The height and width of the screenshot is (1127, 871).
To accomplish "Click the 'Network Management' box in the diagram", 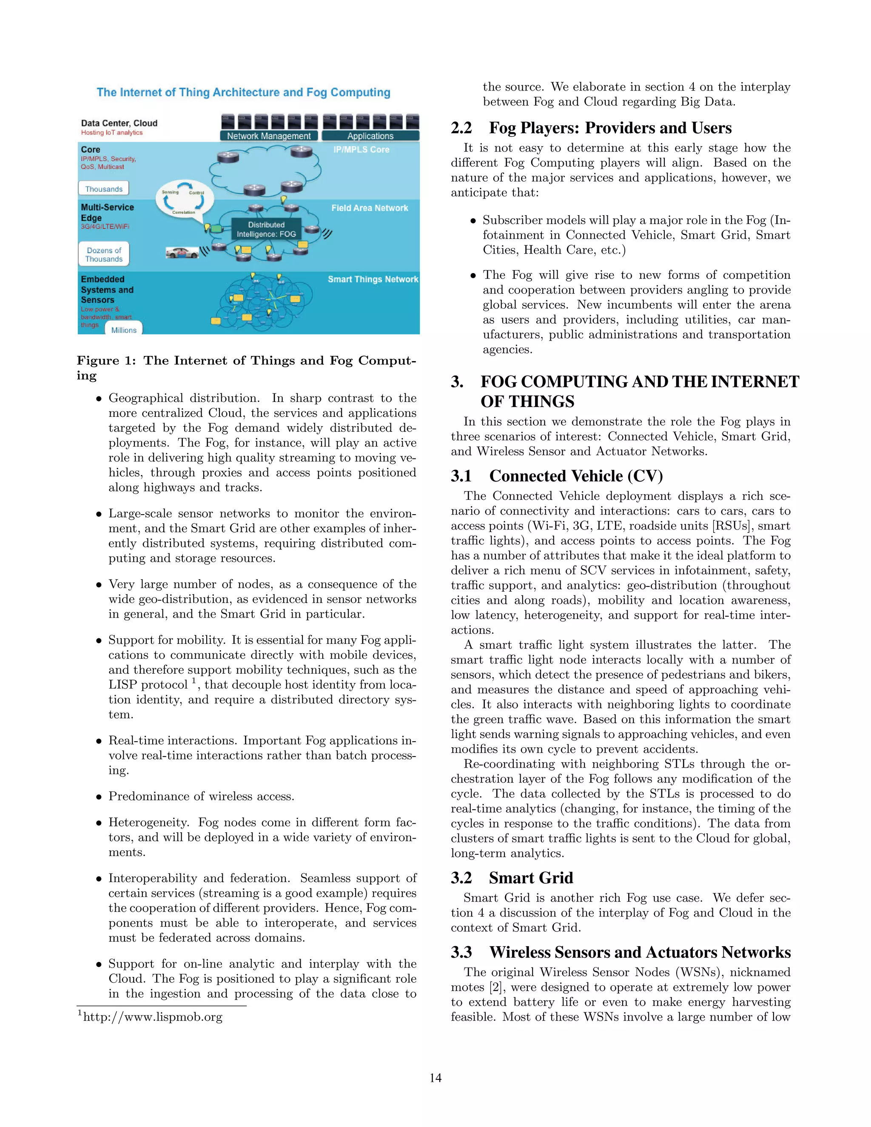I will pyautogui.click(x=269, y=136).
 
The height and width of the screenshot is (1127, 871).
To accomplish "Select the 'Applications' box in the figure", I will pyautogui.click(x=370, y=136).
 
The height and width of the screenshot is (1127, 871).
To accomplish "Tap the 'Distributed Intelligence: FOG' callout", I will pyautogui.click(x=266, y=229).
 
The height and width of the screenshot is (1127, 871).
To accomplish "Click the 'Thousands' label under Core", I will pyautogui.click(x=104, y=189).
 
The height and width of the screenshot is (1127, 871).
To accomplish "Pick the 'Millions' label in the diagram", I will pyautogui.click(x=124, y=330).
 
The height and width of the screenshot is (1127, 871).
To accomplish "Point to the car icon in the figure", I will pyautogui.click(x=182, y=253).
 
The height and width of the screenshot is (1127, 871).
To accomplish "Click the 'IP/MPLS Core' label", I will pyautogui.click(x=361, y=150).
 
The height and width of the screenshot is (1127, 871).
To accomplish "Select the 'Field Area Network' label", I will pyautogui.click(x=370, y=208).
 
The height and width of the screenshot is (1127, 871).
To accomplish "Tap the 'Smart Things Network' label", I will pyautogui.click(x=373, y=279).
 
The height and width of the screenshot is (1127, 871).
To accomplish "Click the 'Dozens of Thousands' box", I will pyautogui.click(x=104, y=254).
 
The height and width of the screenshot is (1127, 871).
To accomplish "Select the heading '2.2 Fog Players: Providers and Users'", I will pyautogui.click(x=591, y=128).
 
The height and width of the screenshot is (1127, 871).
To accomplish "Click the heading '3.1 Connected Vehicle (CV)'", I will pyautogui.click(x=556, y=476).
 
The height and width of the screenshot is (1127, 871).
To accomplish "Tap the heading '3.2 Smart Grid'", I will pyautogui.click(x=512, y=878).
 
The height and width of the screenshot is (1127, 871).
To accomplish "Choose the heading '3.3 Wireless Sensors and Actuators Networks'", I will pyautogui.click(x=620, y=952).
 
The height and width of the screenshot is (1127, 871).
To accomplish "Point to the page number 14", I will pyautogui.click(x=435, y=1078).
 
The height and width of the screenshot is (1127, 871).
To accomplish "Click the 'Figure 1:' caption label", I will pyautogui.click(x=106, y=361).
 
